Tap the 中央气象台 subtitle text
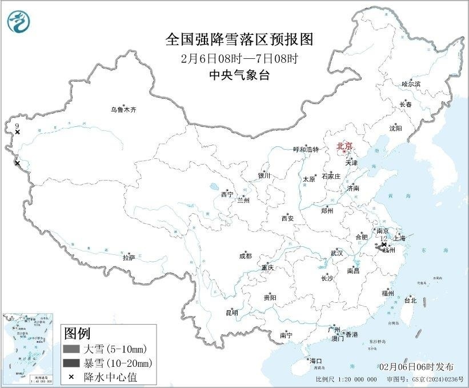pos(239,74)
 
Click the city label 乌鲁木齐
pos(124,109)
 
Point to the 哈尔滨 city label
pos(411,83)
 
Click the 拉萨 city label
pos(129,258)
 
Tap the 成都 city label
pos(245,257)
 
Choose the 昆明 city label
pos(232,312)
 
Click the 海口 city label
pos(315,361)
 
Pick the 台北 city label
pos(410,300)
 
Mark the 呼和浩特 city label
pos(306,149)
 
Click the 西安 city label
pos(287,218)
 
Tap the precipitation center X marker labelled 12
pos(384,245)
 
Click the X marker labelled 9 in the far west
pos(18,132)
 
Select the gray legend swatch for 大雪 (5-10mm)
pos(71,349)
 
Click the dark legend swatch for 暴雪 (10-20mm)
pos(71,363)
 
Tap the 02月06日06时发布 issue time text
pos(416,366)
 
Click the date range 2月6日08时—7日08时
pos(239,58)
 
